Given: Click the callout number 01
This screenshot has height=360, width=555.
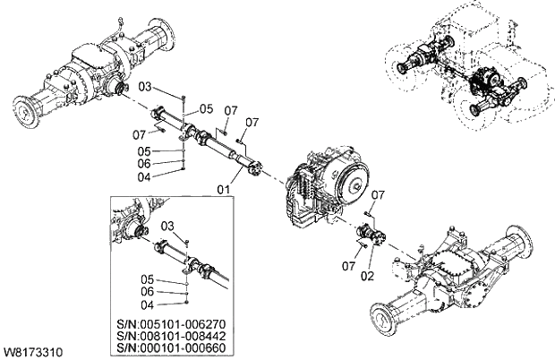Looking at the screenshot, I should click(x=223, y=189).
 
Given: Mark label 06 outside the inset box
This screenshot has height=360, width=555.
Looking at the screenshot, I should click(x=145, y=163).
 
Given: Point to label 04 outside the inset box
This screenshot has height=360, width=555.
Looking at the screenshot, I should click(x=145, y=176).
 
